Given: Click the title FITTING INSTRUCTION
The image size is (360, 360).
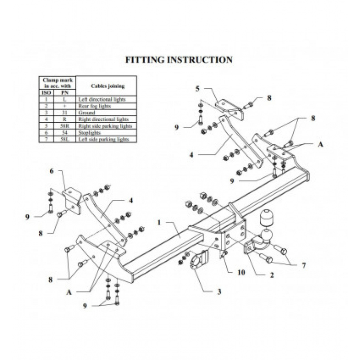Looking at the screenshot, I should click(x=179, y=60).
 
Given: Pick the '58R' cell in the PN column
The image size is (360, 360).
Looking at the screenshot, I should click(x=64, y=126).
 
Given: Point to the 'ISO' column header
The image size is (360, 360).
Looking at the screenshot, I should click(x=46, y=92).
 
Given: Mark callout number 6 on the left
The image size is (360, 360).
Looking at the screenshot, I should click(x=51, y=171).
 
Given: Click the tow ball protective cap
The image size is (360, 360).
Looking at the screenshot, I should click(x=267, y=221).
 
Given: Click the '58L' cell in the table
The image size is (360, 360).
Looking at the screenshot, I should click(x=64, y=139).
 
